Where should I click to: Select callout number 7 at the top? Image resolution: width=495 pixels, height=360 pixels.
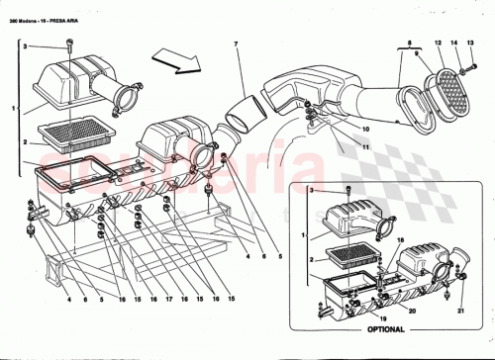[x=237, y=45]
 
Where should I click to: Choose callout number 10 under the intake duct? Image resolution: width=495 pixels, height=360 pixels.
[x=338, y=130]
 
